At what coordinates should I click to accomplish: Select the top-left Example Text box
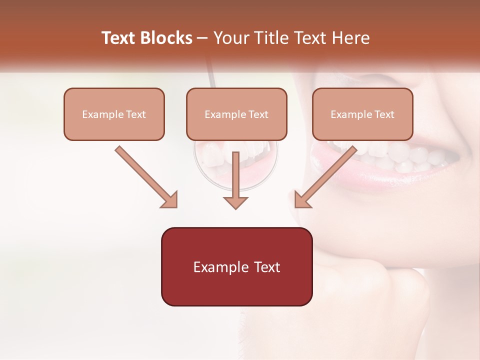114,114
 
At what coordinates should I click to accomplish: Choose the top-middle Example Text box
236,114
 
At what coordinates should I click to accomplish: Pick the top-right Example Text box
362,114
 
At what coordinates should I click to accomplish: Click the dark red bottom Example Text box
236,266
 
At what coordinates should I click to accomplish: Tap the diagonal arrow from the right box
327,175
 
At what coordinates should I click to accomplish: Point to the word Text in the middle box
258,114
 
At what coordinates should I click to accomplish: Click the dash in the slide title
202,38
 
